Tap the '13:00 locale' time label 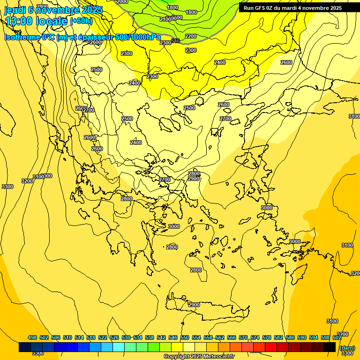coord(36,21)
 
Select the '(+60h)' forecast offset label coord(81,21)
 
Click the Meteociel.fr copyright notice coord(199,357)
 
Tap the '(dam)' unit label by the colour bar coord(347,347)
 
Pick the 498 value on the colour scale coord(32,337)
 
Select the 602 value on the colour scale coord(337,337)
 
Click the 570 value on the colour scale coord(243,337)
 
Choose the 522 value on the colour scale coord(103,337)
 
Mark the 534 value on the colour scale coord(138,337)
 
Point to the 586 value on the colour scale coord(290,337)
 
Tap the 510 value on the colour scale coord(67,337)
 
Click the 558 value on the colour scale coord(208,337)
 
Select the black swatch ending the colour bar coord(330,347)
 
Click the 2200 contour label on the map coord(191,36)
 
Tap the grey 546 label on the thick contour coord(176,41)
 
